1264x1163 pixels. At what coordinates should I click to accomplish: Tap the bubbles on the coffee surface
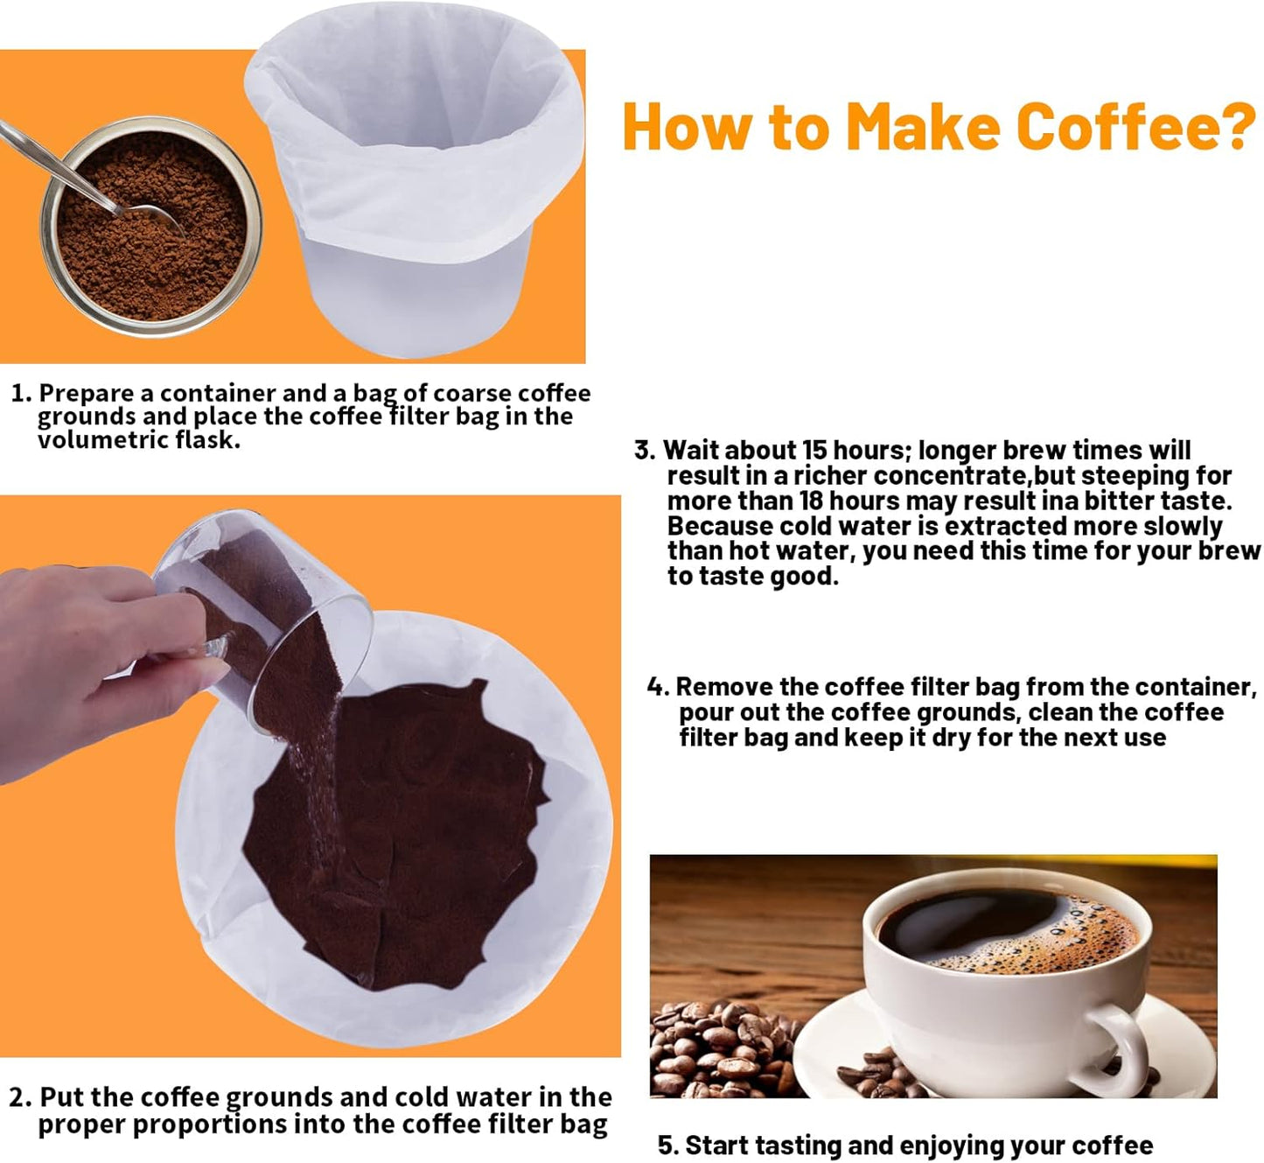click(x=1076, y=941)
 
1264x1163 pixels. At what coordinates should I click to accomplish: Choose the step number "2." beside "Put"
click(x=21, y=1097)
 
